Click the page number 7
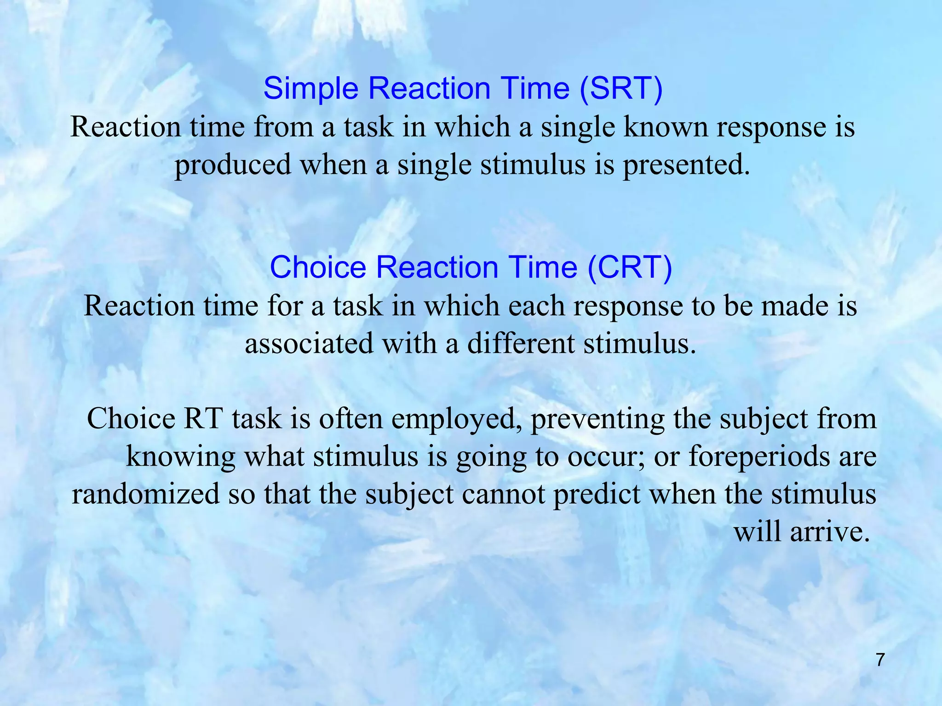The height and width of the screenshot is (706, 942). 880,660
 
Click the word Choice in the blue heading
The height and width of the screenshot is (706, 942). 318,268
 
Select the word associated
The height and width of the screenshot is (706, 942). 309,344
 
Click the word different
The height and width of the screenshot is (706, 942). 521,344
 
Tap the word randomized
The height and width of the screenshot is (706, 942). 146,495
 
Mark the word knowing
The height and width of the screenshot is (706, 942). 180,458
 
